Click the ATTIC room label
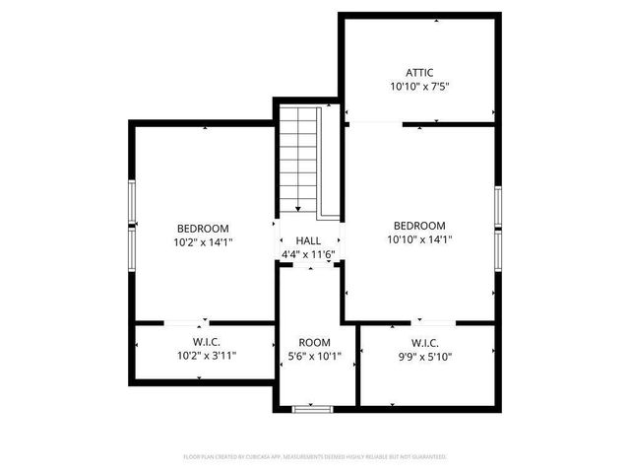[419, 72]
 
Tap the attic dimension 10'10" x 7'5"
[419, 87]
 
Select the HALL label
[308, 240]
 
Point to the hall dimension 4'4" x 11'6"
[308, 254]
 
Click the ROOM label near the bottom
[315, 343]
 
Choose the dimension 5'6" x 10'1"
[315, 357]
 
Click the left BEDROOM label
[203, 227]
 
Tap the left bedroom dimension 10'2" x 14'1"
[203, 240]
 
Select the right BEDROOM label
[419, 225]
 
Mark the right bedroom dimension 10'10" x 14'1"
[419, 238]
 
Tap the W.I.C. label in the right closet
[424, 343]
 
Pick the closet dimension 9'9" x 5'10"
[424, 357]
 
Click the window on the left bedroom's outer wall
[131, 228]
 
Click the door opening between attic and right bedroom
[374, 124]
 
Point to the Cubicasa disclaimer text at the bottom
[315, 457]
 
